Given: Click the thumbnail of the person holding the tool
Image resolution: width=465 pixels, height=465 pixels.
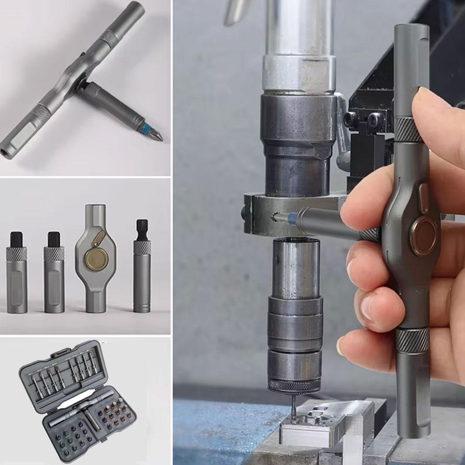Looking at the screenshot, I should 319,232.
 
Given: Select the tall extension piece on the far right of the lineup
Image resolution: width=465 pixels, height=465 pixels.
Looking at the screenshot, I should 141,267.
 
